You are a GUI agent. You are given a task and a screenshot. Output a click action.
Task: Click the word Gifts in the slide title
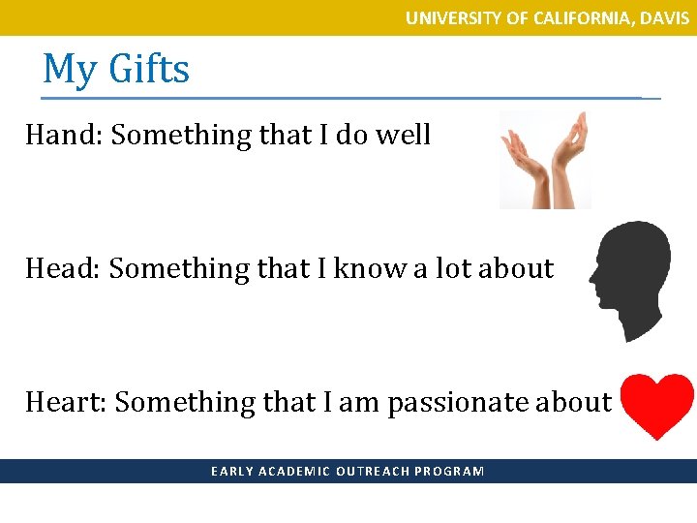pyautogui.click(x=149, y=70)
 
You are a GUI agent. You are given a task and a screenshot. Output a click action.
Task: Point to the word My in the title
pyautogui.click(x=70, y=70)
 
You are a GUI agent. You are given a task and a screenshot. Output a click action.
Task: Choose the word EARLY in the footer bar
pyautogui.click(x=228, y=472)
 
